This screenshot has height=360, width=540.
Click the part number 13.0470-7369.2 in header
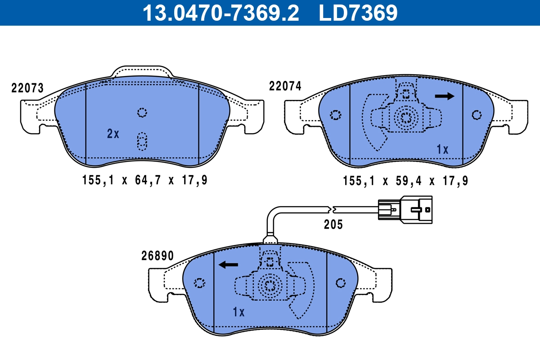(220, 13)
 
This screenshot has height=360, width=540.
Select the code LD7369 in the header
(358, 13)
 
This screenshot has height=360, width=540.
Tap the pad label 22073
(27, 88)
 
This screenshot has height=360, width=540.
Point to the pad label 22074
(285, 86)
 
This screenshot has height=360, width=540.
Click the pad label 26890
(157, 256)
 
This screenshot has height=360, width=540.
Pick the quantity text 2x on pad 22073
(113, 134)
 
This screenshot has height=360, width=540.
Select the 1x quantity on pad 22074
(443, 150)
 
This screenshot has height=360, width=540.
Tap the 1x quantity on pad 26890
(238, 312)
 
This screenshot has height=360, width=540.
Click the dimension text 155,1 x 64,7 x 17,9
(145, 180)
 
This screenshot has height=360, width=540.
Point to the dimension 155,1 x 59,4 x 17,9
(405, 181)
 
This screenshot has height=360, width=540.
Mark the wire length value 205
(333, 225)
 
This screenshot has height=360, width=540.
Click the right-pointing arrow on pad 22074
(445, 96)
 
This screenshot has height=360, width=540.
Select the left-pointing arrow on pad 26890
(228, 265)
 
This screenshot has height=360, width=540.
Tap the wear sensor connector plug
(405, 208)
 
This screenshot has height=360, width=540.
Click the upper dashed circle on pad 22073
(142, 112)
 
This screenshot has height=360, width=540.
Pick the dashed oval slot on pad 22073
(142, 141)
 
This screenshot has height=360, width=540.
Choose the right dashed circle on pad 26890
(341, 283)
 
